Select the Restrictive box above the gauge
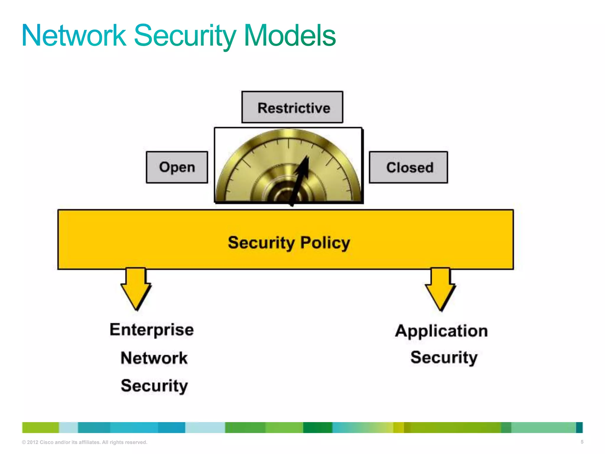[292, 107]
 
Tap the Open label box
[177, 167]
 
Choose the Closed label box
[409, 168]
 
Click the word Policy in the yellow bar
[325, 243]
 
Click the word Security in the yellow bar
[261, 243]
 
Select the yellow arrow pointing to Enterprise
[136, 288]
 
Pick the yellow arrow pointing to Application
[440, 288]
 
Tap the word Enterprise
[152, 330]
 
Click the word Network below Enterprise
[154, 358]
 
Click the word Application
[441, 331]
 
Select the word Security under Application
[444, 358]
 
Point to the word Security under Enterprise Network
[154, 386]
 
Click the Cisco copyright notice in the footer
[84, 442]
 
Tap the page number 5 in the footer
[582, 442]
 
